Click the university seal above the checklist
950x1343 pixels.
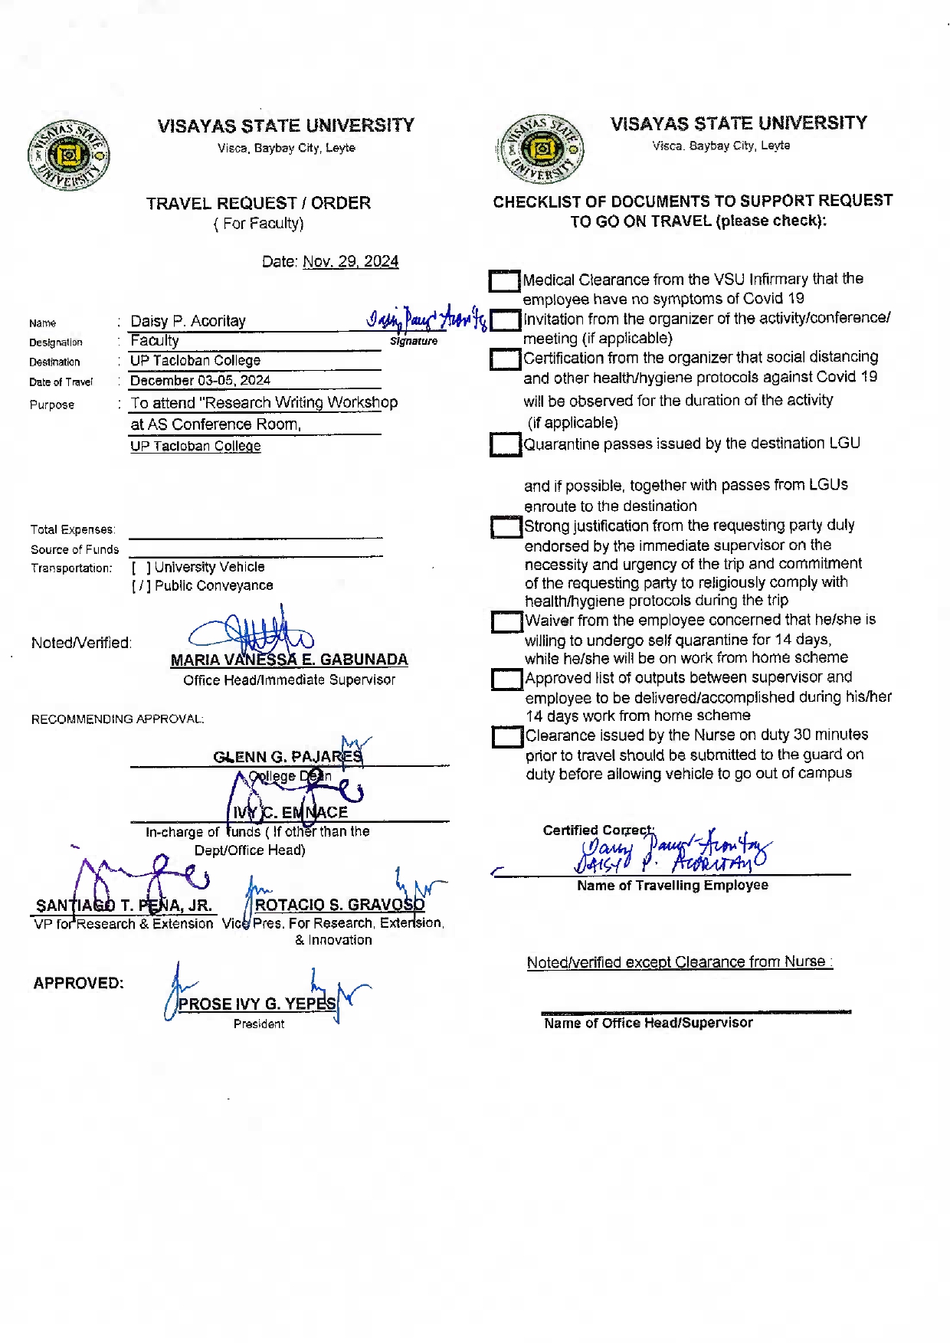pos(541,149)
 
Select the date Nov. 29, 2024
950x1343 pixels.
pos(350,261)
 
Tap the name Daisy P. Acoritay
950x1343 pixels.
pos(188,321)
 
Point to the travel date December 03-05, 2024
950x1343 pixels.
pos(200,380)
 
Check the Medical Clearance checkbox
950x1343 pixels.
pos(504,281)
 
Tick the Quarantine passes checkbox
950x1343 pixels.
pos(505,444)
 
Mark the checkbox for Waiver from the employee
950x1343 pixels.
pos(506,621)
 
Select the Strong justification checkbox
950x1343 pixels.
pos(506,527)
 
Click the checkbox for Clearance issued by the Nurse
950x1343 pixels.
pos(507,737)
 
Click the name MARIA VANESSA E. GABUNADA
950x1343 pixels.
pos(289,660)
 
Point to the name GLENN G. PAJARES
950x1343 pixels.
pos(287,757)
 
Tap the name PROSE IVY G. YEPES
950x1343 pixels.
pos(257,1004)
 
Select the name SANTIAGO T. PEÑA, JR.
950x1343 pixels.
pos(124,906)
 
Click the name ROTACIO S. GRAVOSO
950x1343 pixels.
pos(339,905)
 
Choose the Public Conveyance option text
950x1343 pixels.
pos(214,585)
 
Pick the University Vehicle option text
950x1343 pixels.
pos(209,567)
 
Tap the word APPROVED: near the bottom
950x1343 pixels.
pos(78,983)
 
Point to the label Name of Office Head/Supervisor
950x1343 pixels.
pos(648,1023)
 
